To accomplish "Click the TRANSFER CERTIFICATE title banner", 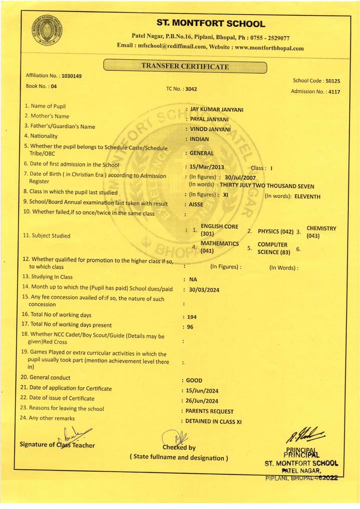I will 185,66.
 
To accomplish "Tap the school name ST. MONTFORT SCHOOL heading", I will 211,24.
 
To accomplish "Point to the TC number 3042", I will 191,89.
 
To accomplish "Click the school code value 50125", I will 332,81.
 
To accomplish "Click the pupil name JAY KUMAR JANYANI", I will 217,109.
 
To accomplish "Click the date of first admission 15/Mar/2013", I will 208,166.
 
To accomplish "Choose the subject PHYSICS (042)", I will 275,231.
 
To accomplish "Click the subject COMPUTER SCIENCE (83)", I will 273,248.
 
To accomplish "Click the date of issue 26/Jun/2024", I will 202,401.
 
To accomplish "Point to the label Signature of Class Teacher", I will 57,445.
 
